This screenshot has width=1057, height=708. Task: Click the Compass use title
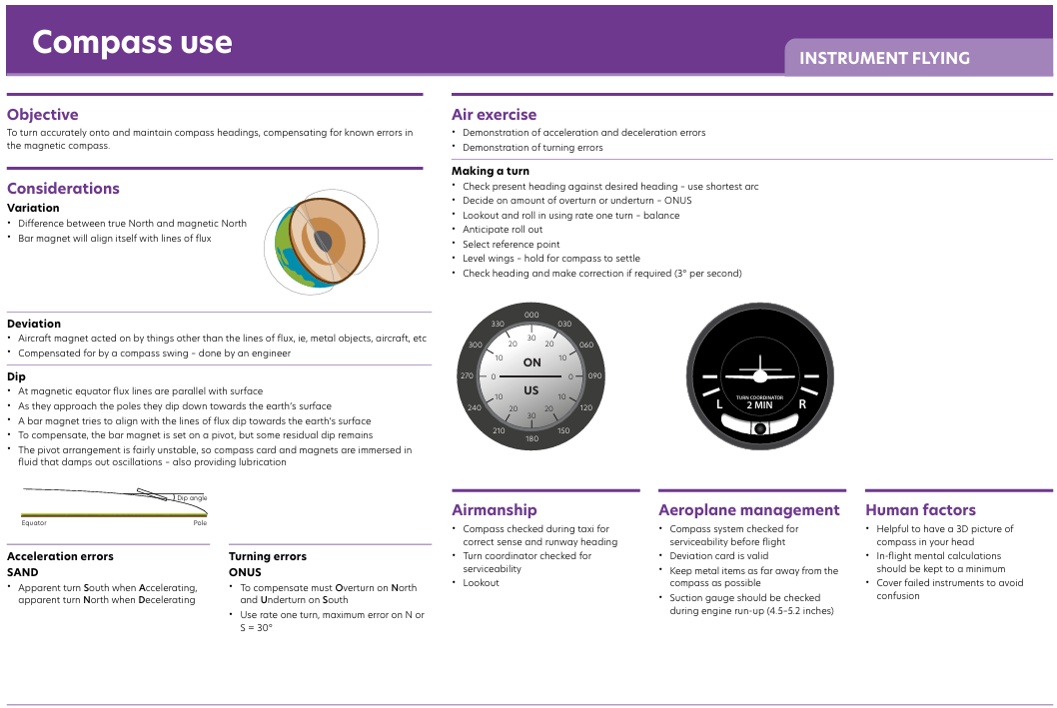[132, 42]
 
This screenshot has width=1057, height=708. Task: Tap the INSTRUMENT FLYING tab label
[884, 59]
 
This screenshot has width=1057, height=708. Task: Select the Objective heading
[43, 115]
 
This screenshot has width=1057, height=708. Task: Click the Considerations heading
[63, 189]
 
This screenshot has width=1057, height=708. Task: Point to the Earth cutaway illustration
[322, 242]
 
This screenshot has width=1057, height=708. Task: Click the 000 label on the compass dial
[531, 315]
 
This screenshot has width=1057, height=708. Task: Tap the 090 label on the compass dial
[594, 375]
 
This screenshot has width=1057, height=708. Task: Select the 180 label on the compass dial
[531, 438]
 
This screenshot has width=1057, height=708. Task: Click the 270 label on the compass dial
[468, 375]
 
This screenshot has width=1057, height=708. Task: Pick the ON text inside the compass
[531, 362]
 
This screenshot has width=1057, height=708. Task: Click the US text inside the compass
[531, 390]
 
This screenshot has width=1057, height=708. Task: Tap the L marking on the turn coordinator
[719, 404]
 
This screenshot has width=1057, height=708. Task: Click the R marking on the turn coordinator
[802, 404]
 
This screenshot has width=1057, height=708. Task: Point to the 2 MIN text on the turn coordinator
[759, 405]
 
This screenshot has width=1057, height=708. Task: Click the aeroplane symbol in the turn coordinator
[760, 371]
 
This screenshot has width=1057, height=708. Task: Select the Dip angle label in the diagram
[192, 498]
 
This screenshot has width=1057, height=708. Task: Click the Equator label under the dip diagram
[34, 522]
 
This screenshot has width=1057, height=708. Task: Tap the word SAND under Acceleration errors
[23, 572]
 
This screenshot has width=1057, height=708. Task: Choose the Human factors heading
[920, 510]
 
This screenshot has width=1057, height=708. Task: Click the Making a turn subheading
[491, 171]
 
